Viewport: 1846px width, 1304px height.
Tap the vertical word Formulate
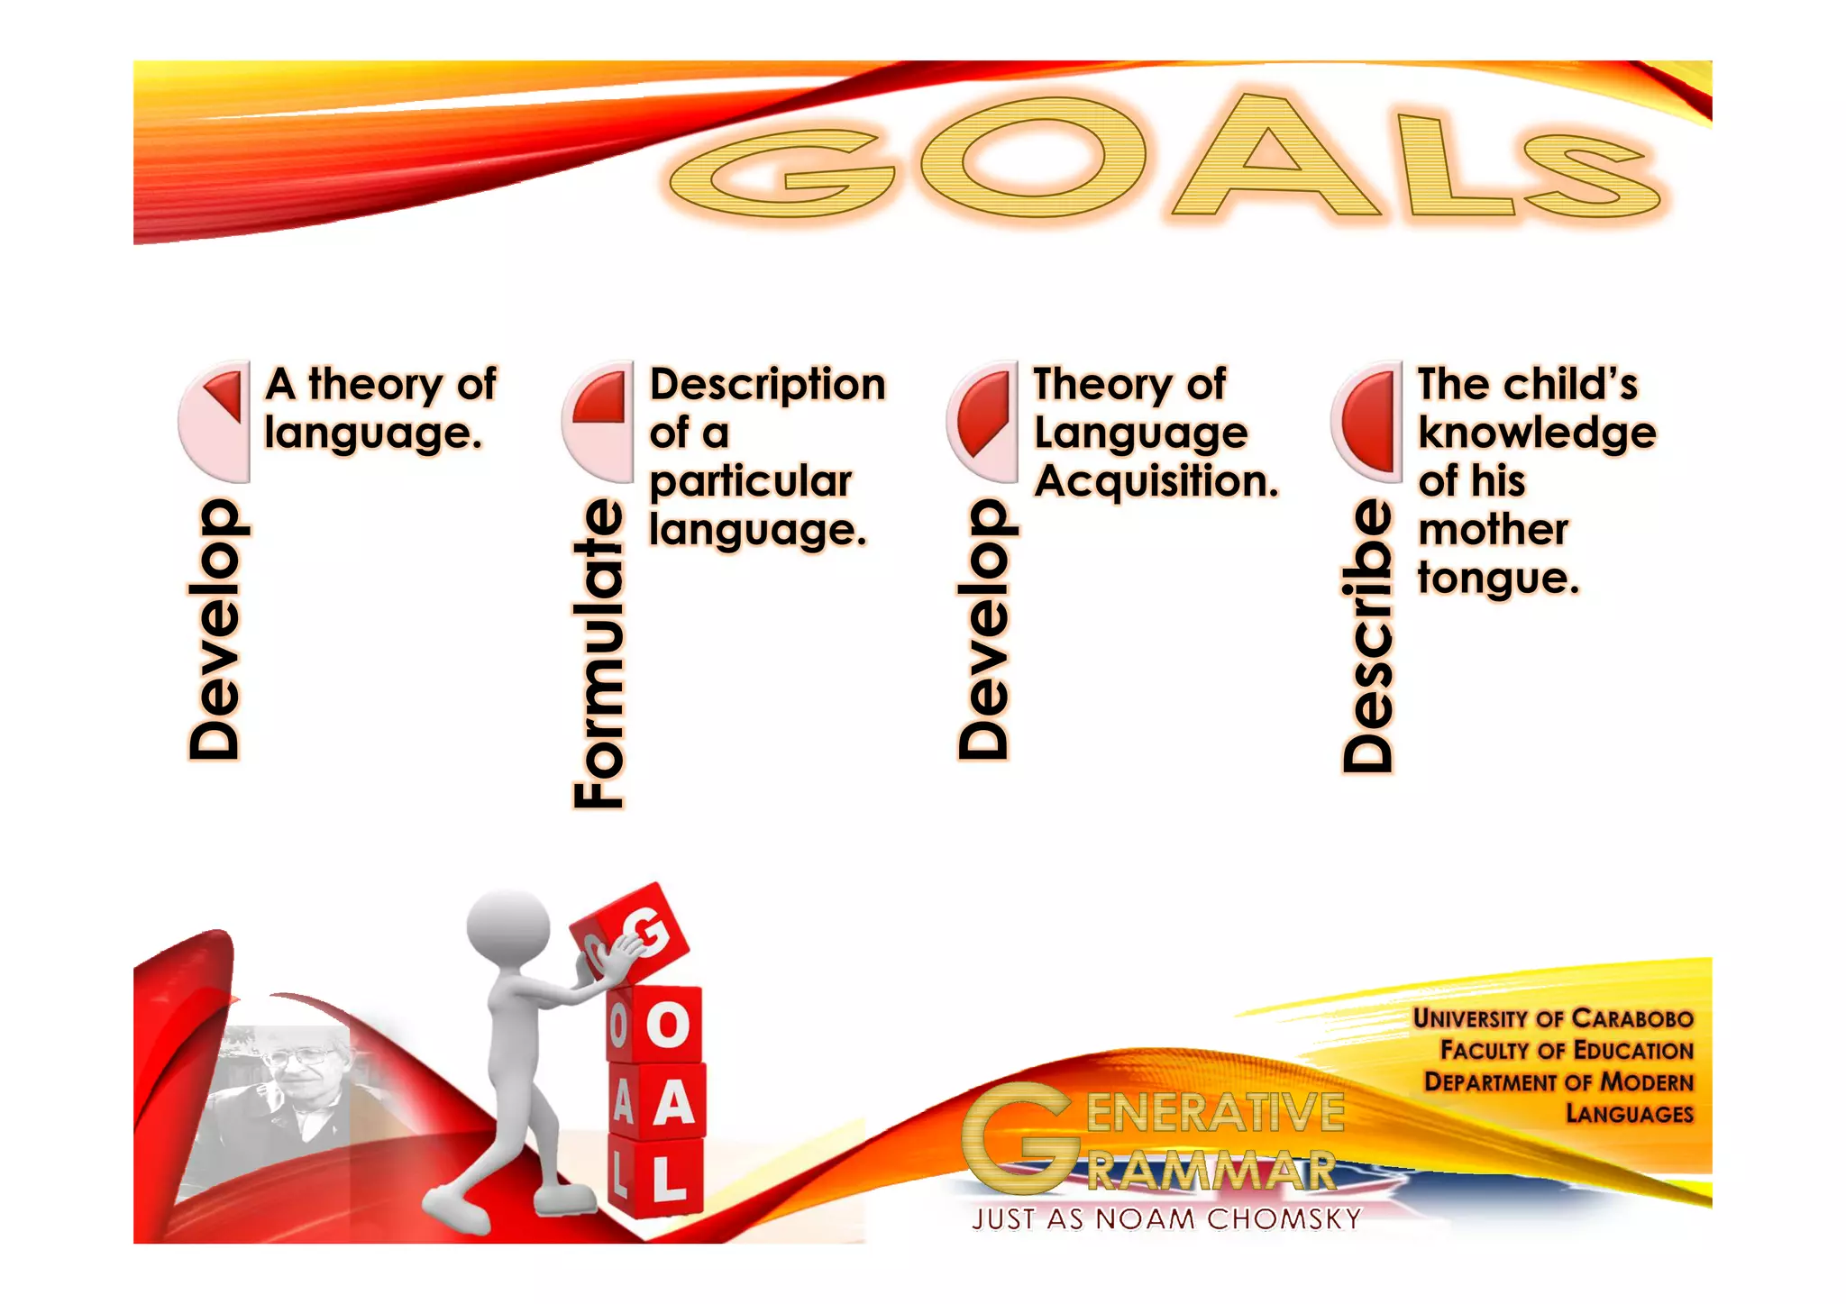click(599, 653)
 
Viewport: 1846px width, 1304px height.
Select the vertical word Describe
click(1367, 636)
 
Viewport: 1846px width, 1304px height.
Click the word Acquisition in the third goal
click(1156, 481)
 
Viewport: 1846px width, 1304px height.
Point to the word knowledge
click(1537, 433)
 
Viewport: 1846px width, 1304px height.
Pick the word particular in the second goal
click(751, 481)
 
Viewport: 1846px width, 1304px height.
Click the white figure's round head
click(508, 928)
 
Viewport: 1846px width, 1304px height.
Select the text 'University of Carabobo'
click(1552, 1018)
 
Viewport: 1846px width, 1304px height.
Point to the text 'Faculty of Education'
click(1567, 1050)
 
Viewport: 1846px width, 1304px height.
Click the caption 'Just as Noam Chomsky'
click(1165, 1219)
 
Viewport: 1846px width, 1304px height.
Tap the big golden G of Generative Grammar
click(1019, 1137)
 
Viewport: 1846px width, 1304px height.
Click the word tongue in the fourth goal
click(1498, 579)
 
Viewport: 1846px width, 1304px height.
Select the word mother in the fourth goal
click(1493, 530)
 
